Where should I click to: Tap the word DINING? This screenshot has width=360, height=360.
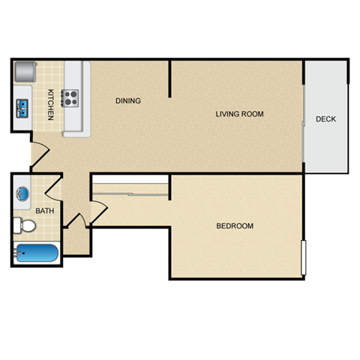(x=128, y=100)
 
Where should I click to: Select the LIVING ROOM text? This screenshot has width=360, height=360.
(x=239, y=114)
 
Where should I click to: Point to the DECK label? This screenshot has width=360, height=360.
(x=325, y=119)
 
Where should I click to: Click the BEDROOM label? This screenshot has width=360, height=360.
(x=235, y=226)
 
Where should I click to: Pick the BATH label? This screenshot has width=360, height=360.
(x=45, y=211)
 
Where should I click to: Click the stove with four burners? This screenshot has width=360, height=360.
(x=71, y=97)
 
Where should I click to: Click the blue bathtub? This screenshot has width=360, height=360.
(x=37, y=253)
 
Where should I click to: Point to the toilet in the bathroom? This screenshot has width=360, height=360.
(x=25, y=225)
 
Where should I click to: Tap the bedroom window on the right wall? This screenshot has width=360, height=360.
(x=303, y=257)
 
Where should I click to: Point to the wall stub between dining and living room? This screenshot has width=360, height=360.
(x=171, y=79)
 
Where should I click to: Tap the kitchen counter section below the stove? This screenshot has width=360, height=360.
(x=75, y=124)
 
